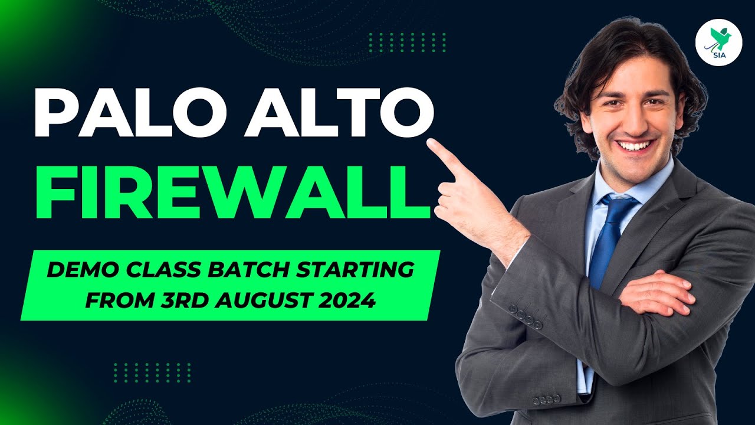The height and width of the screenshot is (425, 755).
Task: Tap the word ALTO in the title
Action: tap(339, 112)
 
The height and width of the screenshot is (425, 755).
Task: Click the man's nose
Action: tap(631, 122)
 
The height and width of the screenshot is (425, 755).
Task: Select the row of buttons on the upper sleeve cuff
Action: tap(525, 317)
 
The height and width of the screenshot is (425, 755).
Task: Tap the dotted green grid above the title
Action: tap(408, 42)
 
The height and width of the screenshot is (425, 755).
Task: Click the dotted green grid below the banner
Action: tap(152, 372)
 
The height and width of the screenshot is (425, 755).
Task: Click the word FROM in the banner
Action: tap(120, 300)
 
